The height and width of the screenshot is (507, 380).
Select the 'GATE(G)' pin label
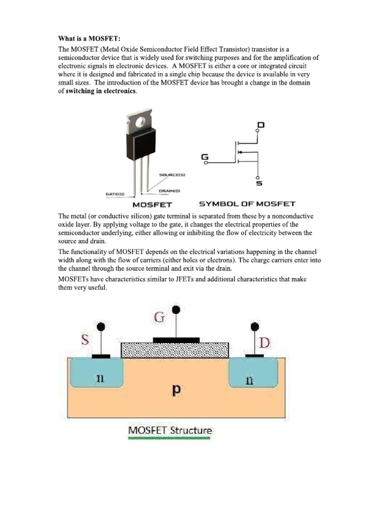click(115, 194)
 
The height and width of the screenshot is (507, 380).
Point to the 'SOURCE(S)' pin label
click(172, 175)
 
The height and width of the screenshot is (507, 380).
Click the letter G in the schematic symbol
click(205, 157)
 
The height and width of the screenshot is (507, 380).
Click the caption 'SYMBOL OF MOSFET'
click(247, 203)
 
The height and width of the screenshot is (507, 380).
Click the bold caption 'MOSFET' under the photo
click(152, 204)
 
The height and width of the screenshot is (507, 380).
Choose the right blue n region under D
click(253, 374)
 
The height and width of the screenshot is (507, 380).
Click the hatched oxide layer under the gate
click(175, 350)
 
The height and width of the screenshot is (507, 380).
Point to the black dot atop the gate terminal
click(176, 309)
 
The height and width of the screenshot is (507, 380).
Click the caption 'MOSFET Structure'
click(170, 430)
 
